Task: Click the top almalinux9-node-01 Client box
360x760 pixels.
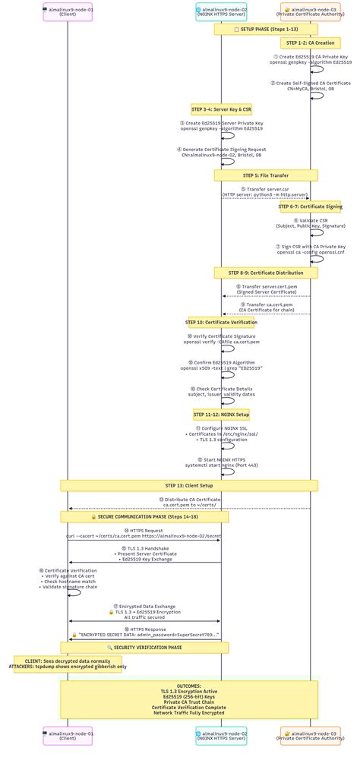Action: [68, 12]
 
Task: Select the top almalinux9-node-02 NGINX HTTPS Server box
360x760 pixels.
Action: [221, 12]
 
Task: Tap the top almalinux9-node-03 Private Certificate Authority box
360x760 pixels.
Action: [310, 12]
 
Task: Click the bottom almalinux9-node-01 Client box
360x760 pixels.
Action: [68, 736]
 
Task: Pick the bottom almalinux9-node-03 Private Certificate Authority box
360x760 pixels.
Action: [310, 736]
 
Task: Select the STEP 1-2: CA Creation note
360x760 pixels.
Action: [310, 43]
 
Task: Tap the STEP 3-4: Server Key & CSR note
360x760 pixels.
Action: [221, 109]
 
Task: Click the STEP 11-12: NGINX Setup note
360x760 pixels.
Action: [221, 415]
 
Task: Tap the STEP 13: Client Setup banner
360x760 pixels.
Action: [189, 485]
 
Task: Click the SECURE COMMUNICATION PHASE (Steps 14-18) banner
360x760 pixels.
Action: [144, 516]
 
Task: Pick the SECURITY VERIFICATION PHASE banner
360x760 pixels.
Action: [144, 648]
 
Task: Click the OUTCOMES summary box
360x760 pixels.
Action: [189, 700]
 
